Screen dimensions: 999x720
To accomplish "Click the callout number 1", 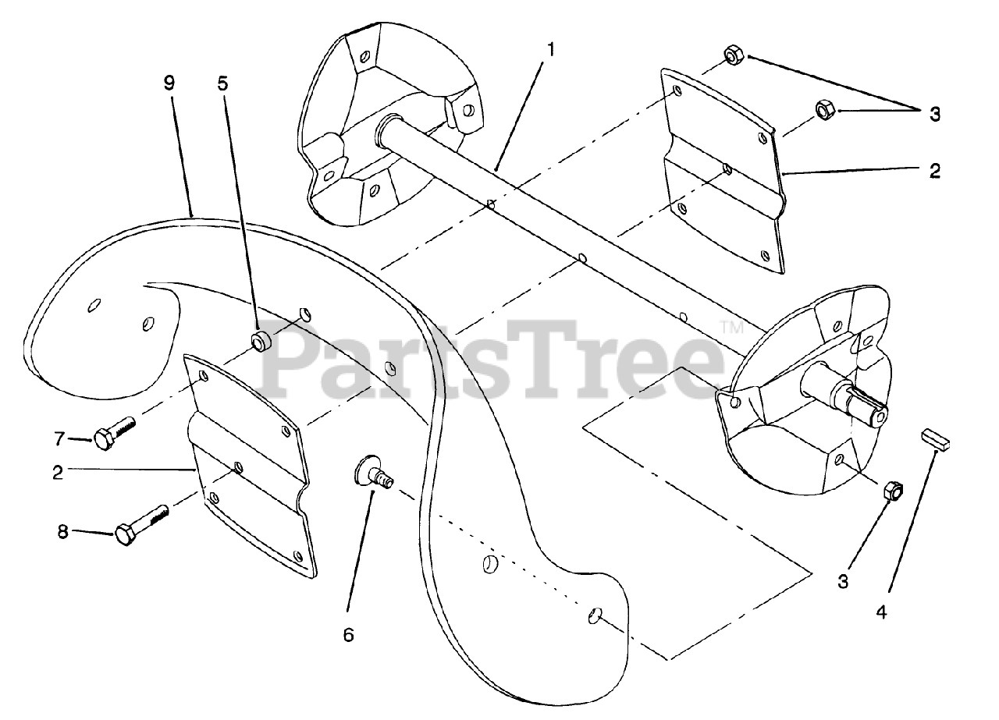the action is [551, 49].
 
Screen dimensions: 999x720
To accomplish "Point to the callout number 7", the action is [59, 439].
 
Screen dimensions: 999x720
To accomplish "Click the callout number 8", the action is [62, 533].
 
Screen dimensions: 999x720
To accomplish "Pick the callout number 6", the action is [348, 635].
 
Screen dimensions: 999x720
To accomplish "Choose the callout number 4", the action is [881, 612].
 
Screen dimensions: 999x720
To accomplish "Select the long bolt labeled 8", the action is [140, 525].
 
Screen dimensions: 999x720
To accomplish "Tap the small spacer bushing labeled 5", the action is [261, 341].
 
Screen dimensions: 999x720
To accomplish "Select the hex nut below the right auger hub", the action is [894, 491].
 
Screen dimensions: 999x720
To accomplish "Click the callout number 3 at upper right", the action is [935, 115].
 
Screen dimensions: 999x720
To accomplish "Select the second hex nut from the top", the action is [825, 109].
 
